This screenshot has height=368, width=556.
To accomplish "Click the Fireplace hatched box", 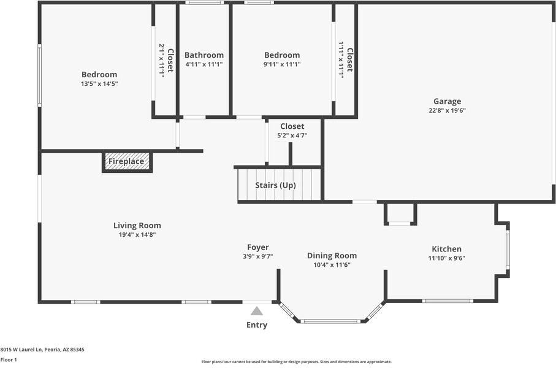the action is [127, 162].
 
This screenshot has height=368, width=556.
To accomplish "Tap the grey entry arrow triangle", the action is [257, 311].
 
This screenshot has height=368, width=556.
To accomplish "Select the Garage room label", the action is [447, 101].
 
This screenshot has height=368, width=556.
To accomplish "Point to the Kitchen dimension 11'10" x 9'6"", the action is [447, 258].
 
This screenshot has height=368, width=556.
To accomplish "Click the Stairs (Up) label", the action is [275, 185].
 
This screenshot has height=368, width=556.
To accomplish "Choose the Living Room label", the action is [137, 225].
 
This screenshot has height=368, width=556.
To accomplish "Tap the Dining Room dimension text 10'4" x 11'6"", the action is [332, 265].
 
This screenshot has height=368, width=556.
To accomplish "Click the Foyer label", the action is [258, 247].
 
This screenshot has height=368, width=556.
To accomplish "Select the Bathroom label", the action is [204, 55].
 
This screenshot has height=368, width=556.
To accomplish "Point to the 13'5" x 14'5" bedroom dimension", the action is [99, 84].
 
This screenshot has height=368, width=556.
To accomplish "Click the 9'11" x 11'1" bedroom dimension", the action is [282, 64].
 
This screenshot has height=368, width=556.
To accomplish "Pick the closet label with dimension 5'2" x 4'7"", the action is [292, 126].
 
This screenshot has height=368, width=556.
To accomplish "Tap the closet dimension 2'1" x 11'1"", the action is [162, 60].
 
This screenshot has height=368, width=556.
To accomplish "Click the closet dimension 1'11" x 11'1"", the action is [341, 59].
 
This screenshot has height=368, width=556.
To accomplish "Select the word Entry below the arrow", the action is [257, 324].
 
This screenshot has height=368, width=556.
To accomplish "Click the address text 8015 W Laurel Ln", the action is [21, 350].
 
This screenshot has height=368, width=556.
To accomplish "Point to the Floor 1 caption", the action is [9, 360].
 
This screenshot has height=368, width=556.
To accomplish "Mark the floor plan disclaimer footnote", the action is [297, 362].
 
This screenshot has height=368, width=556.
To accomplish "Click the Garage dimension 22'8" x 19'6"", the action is [447, 110].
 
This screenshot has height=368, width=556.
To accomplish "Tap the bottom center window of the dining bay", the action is [330, 321].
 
